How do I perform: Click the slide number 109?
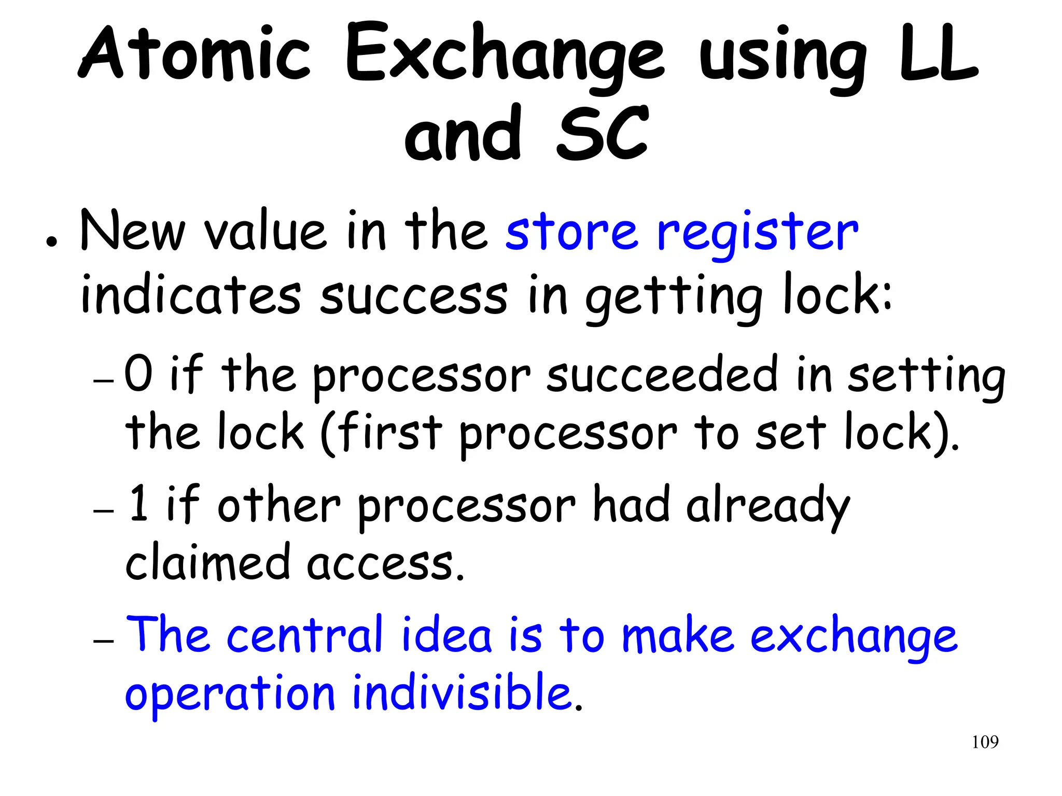click(985, 742)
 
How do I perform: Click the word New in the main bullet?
click(132, 231)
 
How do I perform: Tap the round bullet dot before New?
click(51, 242)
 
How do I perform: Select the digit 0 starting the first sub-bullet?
click(138, 373)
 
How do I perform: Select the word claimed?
click(207, 562)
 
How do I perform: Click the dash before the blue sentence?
click(103, 642)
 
